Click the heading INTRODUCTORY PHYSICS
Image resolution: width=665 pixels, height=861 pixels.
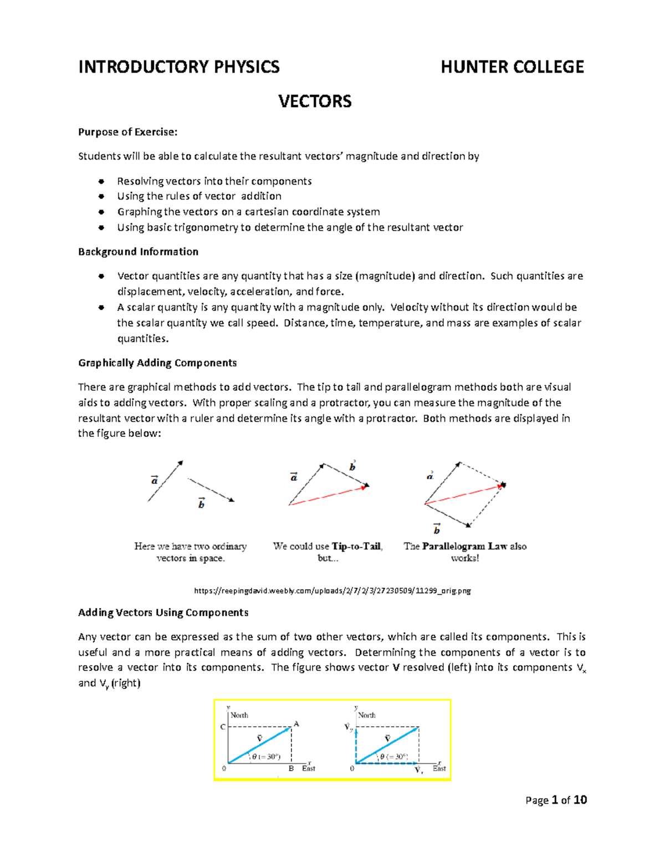coord(178,67)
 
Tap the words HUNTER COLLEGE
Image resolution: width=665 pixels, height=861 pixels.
coord(512,67)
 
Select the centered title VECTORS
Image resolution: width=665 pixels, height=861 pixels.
coord(315,101)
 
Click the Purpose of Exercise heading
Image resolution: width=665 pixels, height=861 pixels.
coord(127,132)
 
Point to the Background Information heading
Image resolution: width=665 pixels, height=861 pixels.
coord(138,252)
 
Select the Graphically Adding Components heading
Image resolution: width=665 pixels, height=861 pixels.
coord(157,363)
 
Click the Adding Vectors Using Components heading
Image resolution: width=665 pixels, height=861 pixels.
coord(163,613)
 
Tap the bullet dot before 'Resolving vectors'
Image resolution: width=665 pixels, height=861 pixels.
coord(101,181)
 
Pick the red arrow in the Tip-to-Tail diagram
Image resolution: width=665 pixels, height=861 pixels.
coord(327,496)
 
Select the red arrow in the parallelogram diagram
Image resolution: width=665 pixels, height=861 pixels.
coord(463,495)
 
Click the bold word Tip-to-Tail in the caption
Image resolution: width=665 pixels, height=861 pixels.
coord(356,547)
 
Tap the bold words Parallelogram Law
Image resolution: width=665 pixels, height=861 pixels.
coord(464,547)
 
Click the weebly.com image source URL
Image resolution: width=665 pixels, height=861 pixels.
coord(332,591)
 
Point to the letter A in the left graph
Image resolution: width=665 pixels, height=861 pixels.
coord(296,724)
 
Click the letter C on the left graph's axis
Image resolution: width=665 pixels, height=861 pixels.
coord(223,727)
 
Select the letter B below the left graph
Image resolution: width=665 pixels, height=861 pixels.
coord(291,769)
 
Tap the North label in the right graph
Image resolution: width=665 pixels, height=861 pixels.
coord(366,715)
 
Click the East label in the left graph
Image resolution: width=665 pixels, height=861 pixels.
coord(309,768)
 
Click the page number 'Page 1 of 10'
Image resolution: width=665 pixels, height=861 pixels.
coord(556,800)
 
